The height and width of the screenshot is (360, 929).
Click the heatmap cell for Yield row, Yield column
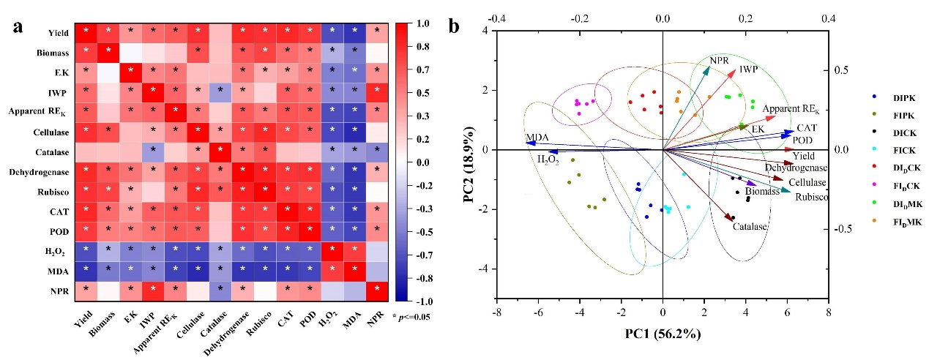86,31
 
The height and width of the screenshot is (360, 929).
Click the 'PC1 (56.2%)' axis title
663,334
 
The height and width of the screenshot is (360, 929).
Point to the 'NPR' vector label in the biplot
719,60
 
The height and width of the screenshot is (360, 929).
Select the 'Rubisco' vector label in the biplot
811,197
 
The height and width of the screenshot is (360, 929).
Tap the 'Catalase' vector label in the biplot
750,227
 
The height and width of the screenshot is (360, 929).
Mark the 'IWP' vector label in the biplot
748,70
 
